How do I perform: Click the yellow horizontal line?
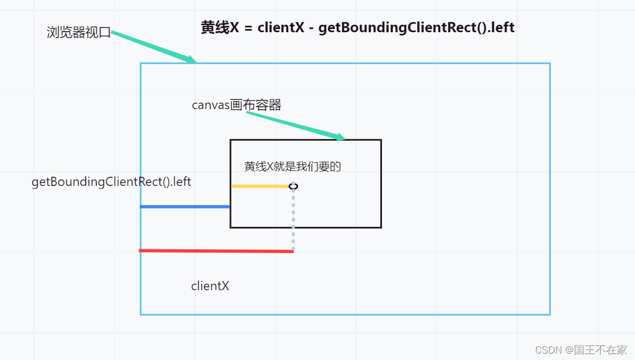pos(261,186)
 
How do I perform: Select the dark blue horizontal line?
pos(185,206)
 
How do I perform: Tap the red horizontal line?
pos(216,250)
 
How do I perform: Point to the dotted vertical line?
pos(293,220)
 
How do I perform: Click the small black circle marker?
pos(293,186)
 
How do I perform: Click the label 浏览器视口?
pos(78,33)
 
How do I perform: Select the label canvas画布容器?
pos(236,105)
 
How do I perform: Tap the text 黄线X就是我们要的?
pos(292,167)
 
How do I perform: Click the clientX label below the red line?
pos(210,286)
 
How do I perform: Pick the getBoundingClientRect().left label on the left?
pos(111,182)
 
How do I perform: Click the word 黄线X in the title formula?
pos(220,28)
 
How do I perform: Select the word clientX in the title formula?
pos(280,28)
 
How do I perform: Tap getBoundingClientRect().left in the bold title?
pos(416,28)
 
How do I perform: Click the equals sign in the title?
pos(248,28)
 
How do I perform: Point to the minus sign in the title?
pos(311,28)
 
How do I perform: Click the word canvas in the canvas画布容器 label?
pos(210,105)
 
